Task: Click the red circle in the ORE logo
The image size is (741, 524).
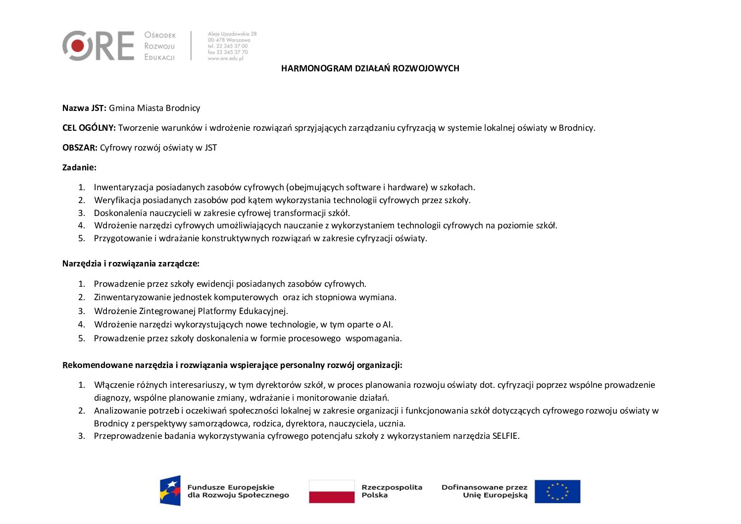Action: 77,46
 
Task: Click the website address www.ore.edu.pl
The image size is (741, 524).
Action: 225,58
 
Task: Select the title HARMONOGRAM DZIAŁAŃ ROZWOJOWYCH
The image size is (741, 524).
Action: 370,68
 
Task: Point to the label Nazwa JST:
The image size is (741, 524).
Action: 84,108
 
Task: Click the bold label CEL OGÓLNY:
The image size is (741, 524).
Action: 89,128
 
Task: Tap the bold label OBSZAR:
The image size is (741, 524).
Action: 80,148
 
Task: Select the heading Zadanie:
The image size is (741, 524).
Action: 79,167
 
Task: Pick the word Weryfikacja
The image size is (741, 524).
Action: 117,200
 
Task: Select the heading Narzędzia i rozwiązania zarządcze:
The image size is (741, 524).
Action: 131,263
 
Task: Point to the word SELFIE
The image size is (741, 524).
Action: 505,436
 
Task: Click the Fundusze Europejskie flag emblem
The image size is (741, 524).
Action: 170,491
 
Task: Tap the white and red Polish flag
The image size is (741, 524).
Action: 332,491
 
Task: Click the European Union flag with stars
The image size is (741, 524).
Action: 557,491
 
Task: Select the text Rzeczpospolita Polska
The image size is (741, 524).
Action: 392,491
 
